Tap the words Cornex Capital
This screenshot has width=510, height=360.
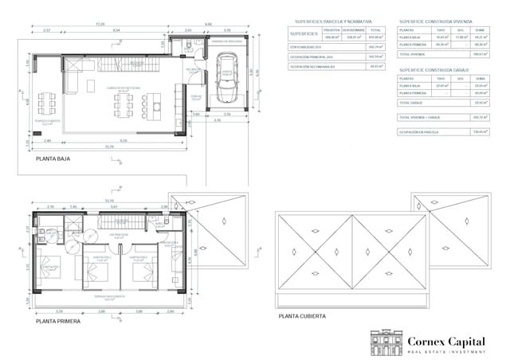(445, 341)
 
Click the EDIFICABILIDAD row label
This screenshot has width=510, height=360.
(304, 47)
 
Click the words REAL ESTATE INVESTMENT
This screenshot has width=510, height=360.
(445, 351)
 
